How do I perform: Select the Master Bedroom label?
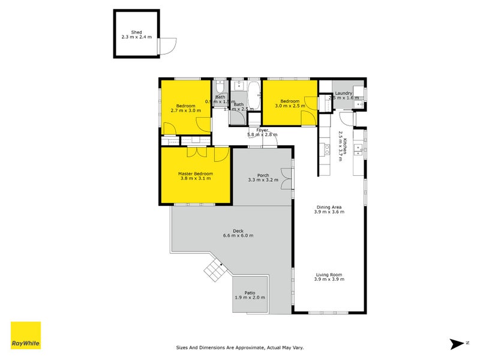click(x=195, y=174)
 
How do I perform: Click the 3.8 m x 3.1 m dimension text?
click(x=195, y=179)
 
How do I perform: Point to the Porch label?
click(x=262, y=175)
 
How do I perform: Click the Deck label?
click(x=238, y=230)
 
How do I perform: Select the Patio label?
click(x=250, y=293)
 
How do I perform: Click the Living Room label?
click(x=329, y=275)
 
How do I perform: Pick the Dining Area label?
click(x=329, y=208)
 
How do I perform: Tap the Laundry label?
click(x=343, y=93)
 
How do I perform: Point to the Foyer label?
click(x=262, y=130)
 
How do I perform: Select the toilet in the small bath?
click(x=220, y=86)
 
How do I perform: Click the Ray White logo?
click(x=26, y=335)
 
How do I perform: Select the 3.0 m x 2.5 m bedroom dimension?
click(x=290, y=106)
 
